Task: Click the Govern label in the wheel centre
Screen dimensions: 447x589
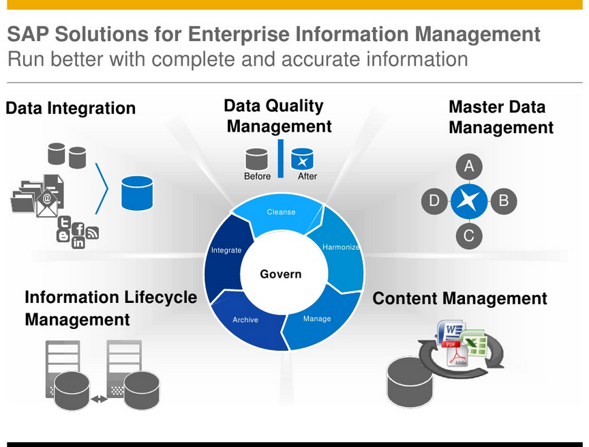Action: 280,274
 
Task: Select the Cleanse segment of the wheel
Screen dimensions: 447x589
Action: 281,212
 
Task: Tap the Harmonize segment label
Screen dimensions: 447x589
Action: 341,247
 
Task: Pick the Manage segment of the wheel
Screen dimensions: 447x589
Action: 317,319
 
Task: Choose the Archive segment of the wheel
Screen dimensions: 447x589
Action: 245,319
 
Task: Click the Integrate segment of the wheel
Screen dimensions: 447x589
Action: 226,250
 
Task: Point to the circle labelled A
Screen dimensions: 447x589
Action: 469,166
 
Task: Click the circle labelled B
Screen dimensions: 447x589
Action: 504,201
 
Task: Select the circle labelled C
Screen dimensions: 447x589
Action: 469,236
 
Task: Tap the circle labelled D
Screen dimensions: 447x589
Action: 434,201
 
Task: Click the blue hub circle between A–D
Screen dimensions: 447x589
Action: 469,201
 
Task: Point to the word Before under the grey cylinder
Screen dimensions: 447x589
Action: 257,176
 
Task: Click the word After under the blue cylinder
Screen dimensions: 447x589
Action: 307,176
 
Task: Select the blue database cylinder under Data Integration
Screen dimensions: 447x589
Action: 137,192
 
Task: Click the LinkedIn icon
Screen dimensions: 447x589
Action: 78,242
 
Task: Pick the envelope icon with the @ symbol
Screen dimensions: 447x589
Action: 47,201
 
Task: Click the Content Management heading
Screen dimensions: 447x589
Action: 459,298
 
